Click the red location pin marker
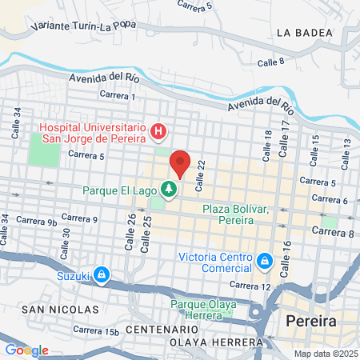tap(180, 164)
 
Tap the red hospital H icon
tap(159, 130)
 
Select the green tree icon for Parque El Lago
tap(169, 190)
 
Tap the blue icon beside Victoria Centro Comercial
tap(264, 262)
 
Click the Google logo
tap(26, 350)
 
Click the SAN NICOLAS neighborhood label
tap(60, 309)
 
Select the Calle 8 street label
tap(271, 62)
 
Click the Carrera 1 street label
tap(118, 95)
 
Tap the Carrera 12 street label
tap(250, 286)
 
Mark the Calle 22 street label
tap(200, 170)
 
